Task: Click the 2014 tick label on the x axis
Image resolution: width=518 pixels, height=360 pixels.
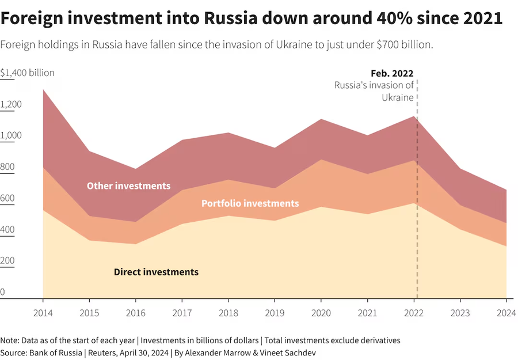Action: (43, 314)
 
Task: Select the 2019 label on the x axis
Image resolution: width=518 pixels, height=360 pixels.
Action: (275, 314)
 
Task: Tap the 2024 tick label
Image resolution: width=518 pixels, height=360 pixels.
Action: (506, 314)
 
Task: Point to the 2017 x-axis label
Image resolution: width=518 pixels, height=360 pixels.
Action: (182, 314)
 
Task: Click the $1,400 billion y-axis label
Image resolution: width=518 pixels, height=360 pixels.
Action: (28, 73)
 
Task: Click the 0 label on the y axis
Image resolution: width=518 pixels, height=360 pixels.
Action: (3, 292)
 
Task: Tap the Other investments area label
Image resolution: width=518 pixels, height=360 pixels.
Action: (128, 185)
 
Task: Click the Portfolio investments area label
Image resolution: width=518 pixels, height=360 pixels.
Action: (250, 203)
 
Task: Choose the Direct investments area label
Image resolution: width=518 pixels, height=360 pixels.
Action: (156, 272)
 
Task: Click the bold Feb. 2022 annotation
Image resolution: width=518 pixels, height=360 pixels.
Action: (392, 73)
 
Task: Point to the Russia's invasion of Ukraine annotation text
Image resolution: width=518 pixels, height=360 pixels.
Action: (375, 91)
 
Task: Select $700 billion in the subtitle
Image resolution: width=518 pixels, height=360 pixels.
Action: (402, 44)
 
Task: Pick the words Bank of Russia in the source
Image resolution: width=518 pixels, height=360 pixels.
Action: (56, 352)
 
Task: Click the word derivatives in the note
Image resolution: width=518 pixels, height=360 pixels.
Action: (378, 340)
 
